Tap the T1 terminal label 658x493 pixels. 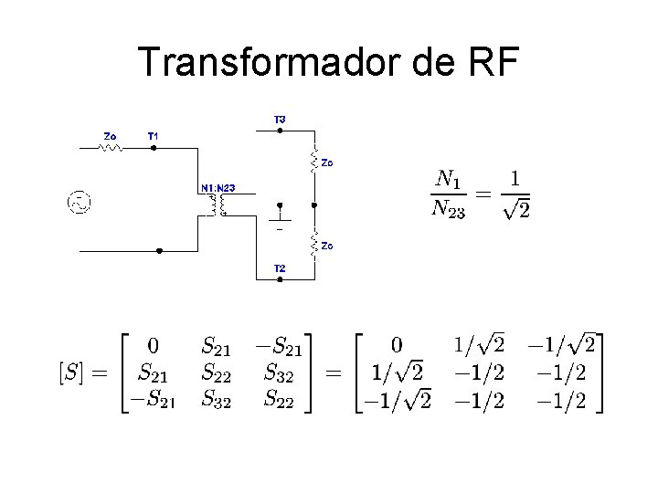(154, 136)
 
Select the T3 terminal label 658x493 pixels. (280, 120)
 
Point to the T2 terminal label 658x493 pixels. (280, 267)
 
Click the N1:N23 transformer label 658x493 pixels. (218, 188)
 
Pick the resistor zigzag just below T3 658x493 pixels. (313, 161)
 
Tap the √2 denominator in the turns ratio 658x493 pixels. (516, 211)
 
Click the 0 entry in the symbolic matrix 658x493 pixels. (154, 346)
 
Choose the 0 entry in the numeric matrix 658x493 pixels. (396, 346)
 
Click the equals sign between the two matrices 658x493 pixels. (334, 372)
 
